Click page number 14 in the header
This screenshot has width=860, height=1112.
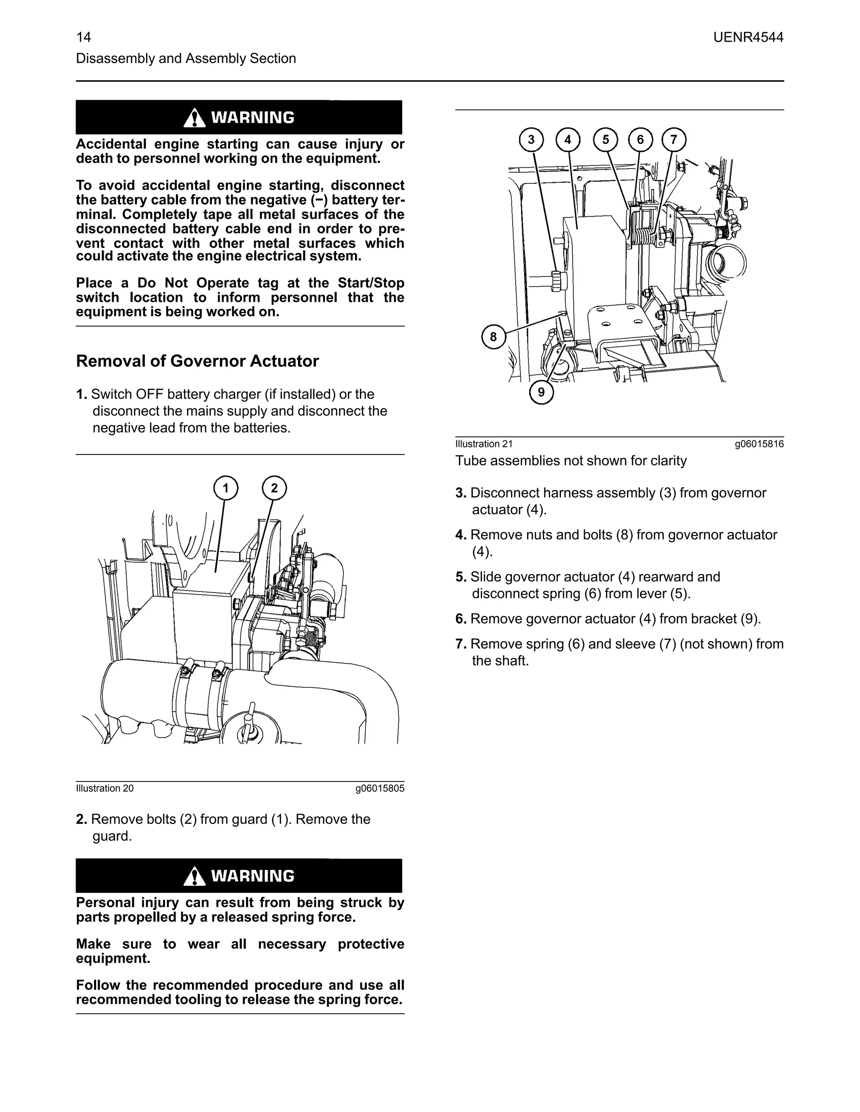(84, 37)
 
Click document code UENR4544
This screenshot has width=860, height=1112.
(748, 37)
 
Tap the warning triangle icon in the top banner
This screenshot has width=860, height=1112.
(194, 119)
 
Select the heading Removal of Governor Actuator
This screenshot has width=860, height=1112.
(197, 361)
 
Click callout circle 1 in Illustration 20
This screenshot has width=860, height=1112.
(225, 488)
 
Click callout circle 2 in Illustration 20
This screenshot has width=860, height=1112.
(274, 488)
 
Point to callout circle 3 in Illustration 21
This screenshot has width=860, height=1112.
(531, 139)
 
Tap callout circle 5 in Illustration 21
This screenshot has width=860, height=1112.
(605, 139)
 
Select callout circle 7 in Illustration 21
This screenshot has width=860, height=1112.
(674, 139)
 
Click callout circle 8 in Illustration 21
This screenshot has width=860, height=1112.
(493, 337)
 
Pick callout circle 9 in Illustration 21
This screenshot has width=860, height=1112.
(541, 392)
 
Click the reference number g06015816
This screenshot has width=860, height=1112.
(759, 444)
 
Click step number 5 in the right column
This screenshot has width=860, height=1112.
(461, 577)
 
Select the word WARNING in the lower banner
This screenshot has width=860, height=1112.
(253, 876)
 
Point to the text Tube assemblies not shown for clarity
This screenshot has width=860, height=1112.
(571, 461)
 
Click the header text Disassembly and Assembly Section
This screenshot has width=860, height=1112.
(186, 59)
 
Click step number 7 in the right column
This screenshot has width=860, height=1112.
(461, 644)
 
